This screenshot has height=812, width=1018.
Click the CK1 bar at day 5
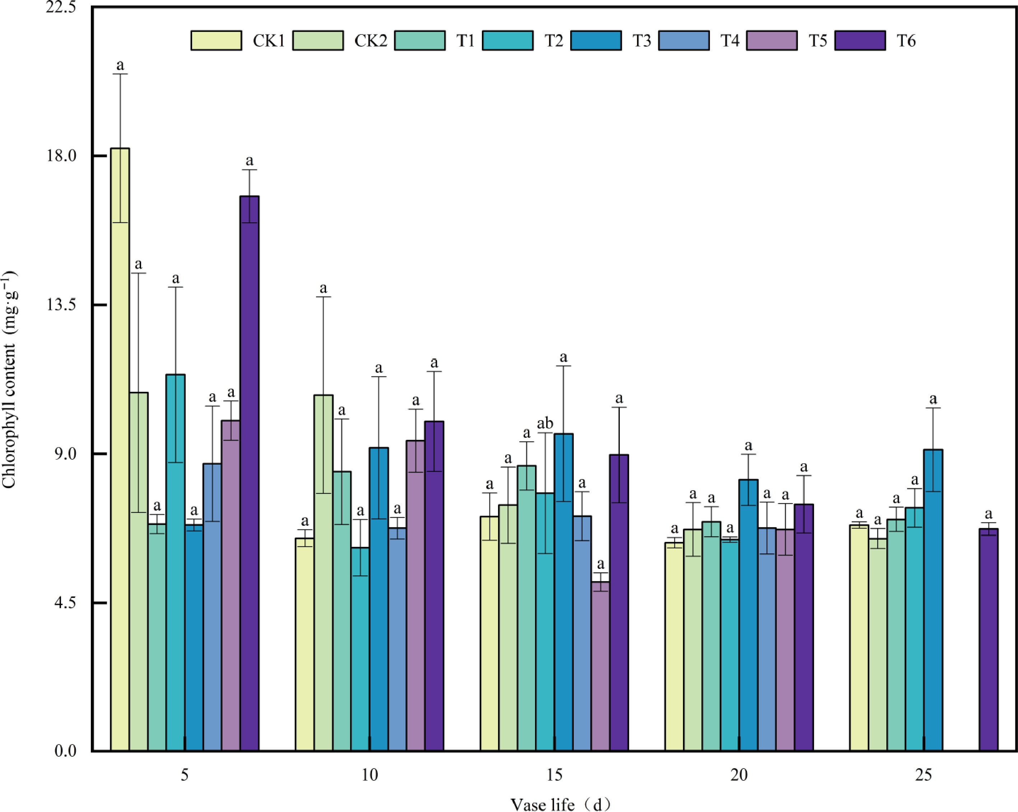click(120, 449)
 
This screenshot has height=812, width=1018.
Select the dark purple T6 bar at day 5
click(249, 472)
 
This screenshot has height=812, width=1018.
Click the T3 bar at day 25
click(933, 599)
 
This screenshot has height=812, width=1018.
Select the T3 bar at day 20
click(748, 614)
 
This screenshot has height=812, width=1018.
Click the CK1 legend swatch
click(216, 41)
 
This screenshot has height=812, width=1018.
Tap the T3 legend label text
click(642, 41)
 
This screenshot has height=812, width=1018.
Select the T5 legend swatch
click(772, 41)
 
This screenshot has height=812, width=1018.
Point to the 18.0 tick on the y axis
click(61, 156)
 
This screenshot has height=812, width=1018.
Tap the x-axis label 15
click(554, 775)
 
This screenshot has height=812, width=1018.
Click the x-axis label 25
click(924, 775)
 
